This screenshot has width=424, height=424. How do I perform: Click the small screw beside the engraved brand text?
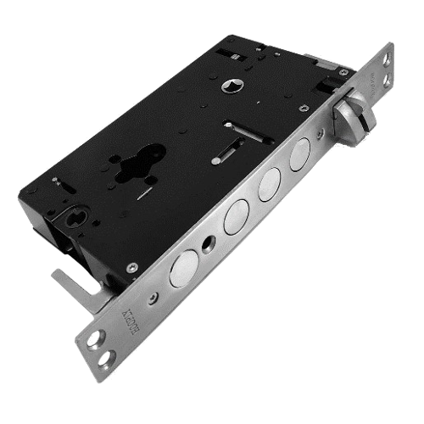coord(152,298)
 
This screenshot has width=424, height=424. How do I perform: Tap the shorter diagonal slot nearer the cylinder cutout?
coord(218,158)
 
